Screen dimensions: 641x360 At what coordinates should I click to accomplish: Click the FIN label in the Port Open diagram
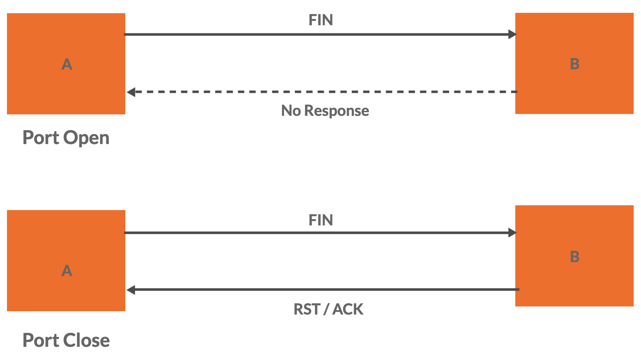(x=321, y=20)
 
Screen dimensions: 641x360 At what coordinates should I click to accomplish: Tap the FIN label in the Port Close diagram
(x=321, y=220)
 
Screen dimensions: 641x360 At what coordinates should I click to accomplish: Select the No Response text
(x=325, y=111)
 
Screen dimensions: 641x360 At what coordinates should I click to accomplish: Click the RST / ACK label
(x=328, y=309)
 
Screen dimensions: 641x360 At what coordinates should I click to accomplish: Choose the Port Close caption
(x=66, y=340)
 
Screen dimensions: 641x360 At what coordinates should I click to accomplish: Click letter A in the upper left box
(x=67, y=65)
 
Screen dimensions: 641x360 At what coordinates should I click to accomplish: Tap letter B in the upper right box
(x=575, y=64)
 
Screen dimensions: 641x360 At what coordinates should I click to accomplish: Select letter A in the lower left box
(x=67, y=271)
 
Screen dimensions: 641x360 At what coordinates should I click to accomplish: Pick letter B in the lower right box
(x=575, y=257)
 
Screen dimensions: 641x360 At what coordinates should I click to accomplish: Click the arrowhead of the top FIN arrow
(x=512, y=34)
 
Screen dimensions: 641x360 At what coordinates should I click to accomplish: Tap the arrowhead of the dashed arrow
(x=131, y=92)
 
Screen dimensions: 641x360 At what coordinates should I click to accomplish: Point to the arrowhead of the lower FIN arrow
(x=512, y=233)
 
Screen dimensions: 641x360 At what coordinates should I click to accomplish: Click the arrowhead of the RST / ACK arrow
(x=131, y=290)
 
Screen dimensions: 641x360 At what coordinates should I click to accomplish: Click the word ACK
(x=348, y=309)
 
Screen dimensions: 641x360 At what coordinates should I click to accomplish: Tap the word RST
(x=307, y=309)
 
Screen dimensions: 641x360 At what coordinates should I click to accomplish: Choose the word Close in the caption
(x=86, y=340)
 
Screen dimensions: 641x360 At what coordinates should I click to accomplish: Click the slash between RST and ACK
(x=326, y=309)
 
